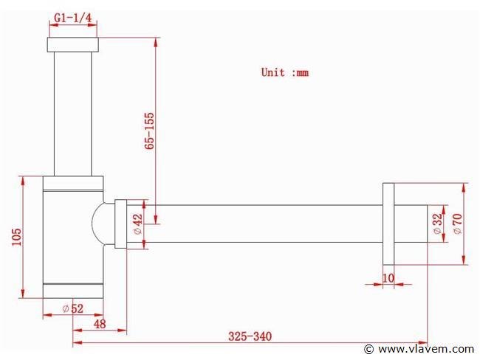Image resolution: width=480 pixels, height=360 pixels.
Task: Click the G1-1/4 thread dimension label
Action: pos(72,18)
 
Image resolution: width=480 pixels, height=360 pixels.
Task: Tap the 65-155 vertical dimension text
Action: pos(149,131)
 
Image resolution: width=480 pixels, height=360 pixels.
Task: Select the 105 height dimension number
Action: pos(17,237)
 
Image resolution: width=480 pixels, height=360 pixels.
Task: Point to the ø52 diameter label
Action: pos(73,308)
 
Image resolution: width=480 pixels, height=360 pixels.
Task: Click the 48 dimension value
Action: pos(100,324)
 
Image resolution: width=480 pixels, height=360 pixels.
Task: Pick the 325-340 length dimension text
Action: pos(250,336)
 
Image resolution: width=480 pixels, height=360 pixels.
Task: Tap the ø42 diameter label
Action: pos(138,224)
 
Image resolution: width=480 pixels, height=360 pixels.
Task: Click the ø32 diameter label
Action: pos(439,224)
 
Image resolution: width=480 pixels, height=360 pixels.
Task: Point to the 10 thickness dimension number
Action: pos(388,278)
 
